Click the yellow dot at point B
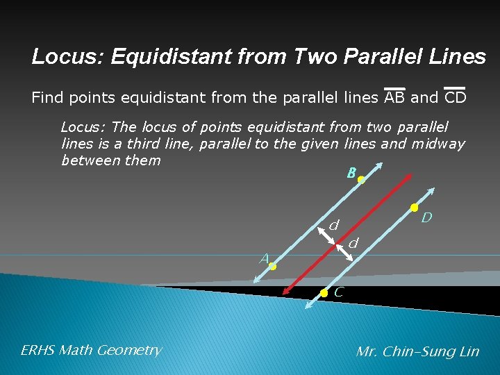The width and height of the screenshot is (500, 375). pos(361,179)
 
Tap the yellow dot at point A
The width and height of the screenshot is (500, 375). pos(273,267)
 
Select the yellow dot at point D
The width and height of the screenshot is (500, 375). pos(414,208)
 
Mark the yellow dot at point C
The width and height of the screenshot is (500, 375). pos(324,294)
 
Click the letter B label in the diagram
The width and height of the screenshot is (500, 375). pos(351,172)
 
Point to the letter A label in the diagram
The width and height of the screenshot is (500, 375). pos(263,258)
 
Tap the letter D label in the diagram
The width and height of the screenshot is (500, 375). pos(427,218)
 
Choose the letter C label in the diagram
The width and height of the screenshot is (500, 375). pos(338,292)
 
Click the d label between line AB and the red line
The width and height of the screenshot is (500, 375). pos(333,225)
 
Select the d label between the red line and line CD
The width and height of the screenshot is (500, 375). pos(353,244)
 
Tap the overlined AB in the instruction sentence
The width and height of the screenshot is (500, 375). pos(394,97)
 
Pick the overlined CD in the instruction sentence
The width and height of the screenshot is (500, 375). pos(455,97)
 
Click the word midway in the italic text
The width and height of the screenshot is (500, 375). pos(437,144)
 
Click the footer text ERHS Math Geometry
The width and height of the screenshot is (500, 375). pos(91,350)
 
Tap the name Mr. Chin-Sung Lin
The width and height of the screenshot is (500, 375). pos(417,351)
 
